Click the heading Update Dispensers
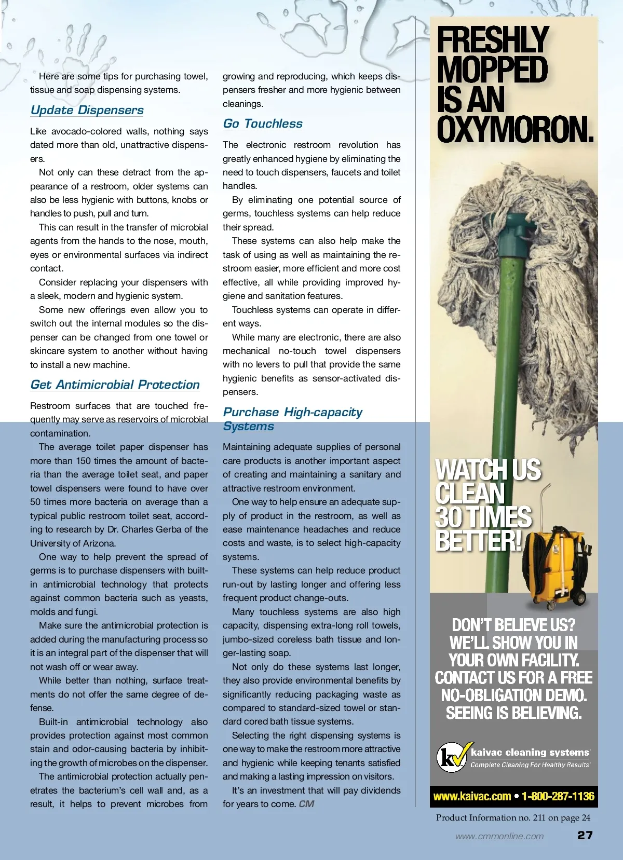[x=87, y=110]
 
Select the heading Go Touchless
[x=262, y=124]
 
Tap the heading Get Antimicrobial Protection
[x=115, y=385]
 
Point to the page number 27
[x=585, y=835]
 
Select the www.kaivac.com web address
[x=472, y=796]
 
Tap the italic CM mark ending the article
[x=306, y=804]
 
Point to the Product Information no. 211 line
[x=513, y=817]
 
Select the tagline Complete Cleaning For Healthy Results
[x=530, y=765]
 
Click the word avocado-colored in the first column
[x=86, y=131]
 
